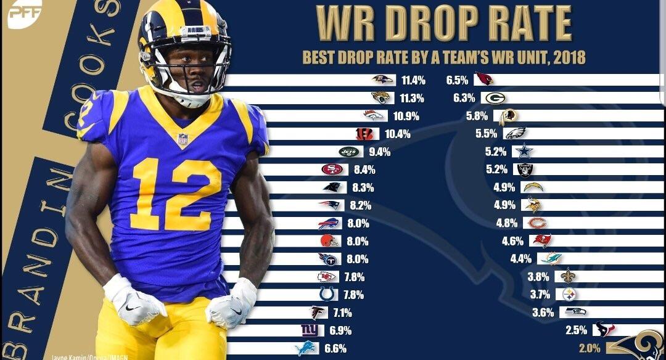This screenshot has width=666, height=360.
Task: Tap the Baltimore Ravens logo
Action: pos(382,80)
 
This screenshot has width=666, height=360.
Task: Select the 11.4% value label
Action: pos(413,80)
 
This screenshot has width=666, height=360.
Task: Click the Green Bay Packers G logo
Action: pos(494,98)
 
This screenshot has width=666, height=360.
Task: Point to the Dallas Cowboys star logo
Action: pos(524,151)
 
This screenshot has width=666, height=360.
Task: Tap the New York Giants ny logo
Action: pos(308,330)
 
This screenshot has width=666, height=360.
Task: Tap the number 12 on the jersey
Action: pos(176,193)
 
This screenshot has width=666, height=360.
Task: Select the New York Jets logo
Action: pos(348,151)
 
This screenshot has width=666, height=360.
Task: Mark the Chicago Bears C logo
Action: pos(536,223)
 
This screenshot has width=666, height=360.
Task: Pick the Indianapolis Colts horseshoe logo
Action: pos(326,294)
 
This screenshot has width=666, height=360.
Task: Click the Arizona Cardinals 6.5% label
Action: pos(458,80)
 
